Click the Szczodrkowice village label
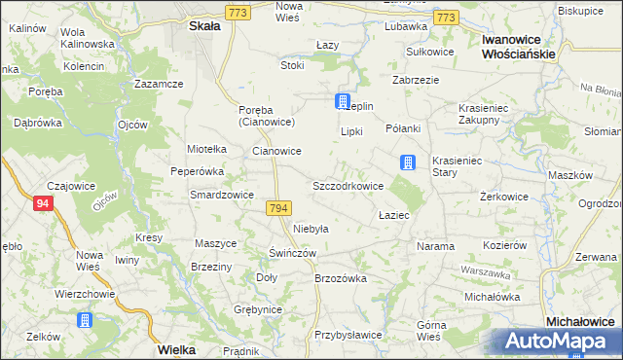tap(348, 185)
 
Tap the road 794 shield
tap(277, 209)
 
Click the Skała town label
tap(204, 27)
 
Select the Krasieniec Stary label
tap(458, 165)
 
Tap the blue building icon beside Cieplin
tap(343, 101)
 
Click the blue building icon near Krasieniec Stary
tap(409, 163)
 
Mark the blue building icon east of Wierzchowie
tap(85, 319)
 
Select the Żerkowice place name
tap(504, 197)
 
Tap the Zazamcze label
tap(161, 85)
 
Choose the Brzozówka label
tap(340, 277)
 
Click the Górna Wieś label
tap(429, 331)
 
